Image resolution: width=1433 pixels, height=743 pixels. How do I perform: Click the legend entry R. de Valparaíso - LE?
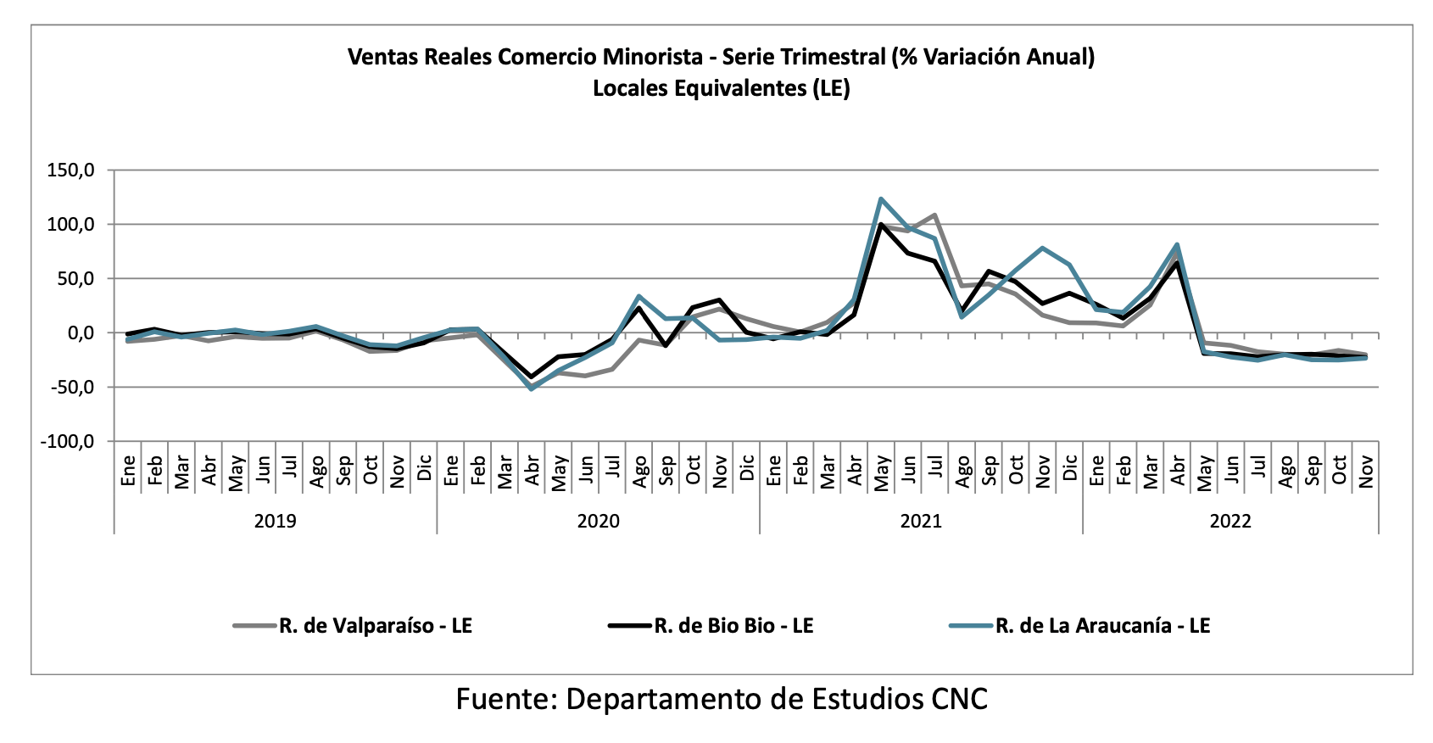(x=375, y=626)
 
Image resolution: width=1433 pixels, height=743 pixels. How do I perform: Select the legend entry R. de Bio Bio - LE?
(x=733, y=626)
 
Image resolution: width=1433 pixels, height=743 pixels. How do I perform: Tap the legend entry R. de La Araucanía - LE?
(x=1102, y=626)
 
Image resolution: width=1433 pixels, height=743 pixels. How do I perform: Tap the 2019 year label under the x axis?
(x=276, y=521)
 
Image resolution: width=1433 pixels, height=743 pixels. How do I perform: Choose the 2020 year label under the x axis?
(x=599, y=521)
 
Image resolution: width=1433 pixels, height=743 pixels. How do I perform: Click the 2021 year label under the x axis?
(x=921, y=521)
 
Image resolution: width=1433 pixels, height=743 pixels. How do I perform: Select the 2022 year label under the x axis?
(x=1230, y=521)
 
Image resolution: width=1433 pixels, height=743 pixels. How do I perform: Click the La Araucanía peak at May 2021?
(x=881, y=199)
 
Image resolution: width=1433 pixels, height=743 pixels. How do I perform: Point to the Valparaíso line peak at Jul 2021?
(x=934, y=215)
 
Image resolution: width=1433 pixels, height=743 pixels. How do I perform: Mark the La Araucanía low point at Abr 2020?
(x=532, y=388)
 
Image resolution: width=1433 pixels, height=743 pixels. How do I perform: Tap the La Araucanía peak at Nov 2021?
(x=1042, y=249)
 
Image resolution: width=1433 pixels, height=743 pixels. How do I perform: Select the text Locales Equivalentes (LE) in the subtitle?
(x=721, y=88)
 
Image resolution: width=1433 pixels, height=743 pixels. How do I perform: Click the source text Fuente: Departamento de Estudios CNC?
(x=722, y=699)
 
